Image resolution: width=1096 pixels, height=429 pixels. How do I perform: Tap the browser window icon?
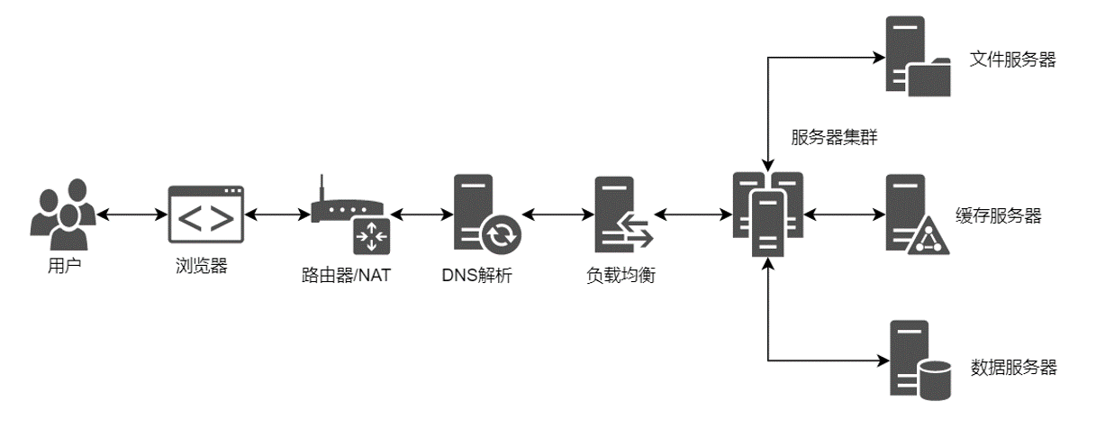(x=206, y=214)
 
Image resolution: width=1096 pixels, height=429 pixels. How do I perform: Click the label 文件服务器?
(x=1012, y=59)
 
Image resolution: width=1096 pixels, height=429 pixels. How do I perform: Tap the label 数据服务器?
(x=1013, y=367)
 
